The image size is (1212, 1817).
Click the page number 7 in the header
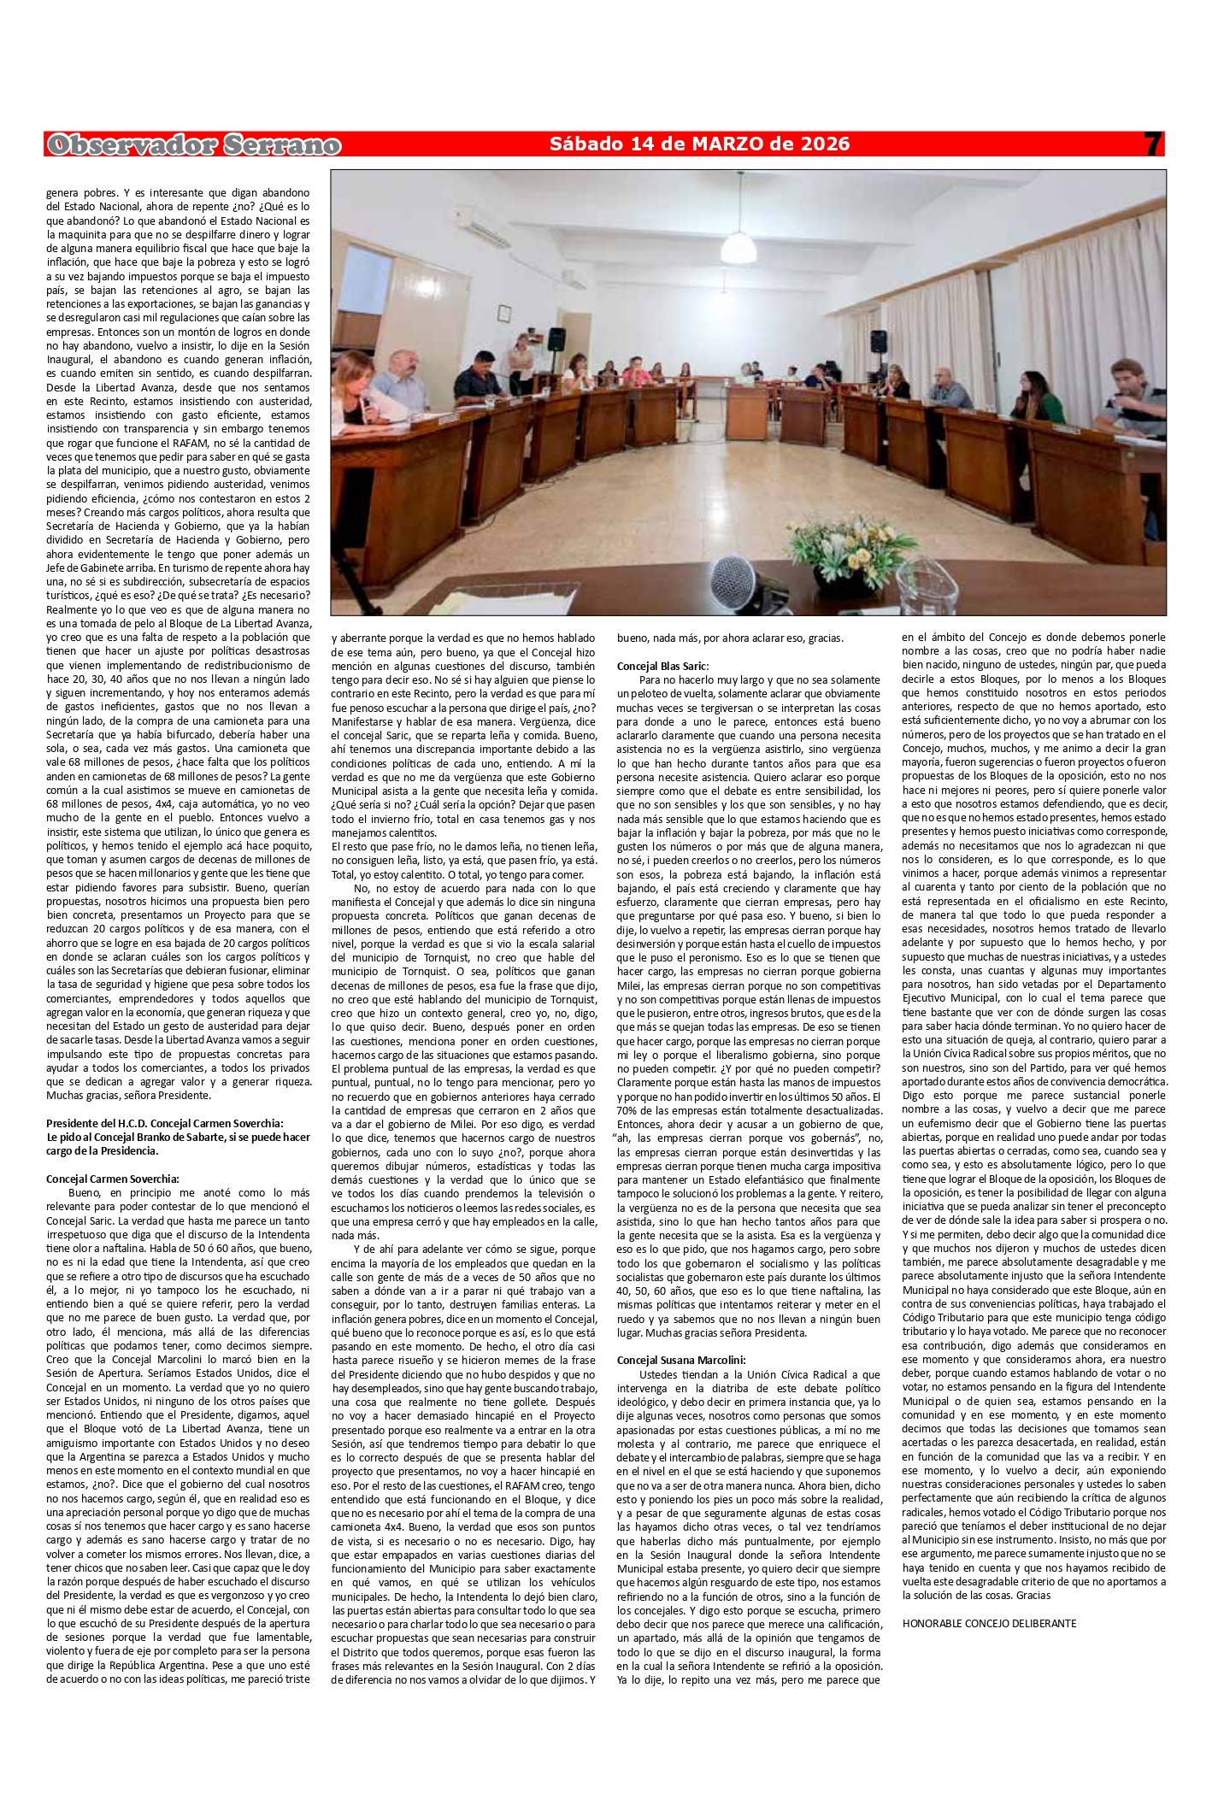(1153, 144)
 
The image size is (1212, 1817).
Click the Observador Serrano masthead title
(194, 146)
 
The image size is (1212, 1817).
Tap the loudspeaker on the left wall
(556, 338)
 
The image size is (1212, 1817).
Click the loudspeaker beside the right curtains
(878, 342)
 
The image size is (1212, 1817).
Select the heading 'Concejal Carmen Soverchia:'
(112, 1179)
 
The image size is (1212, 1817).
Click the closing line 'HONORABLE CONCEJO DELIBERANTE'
(989, 1623)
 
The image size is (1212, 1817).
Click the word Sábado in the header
(583, 144)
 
